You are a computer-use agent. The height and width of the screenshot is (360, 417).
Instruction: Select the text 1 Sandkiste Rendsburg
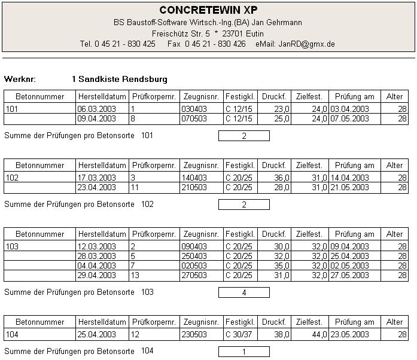[120, 79]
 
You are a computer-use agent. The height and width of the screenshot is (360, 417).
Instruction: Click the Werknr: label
[20, 79]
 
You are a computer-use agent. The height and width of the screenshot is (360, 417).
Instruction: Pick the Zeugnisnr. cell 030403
[193, 109]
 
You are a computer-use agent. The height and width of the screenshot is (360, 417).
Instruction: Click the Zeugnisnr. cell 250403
[193, 257]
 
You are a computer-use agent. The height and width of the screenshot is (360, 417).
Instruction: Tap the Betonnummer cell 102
[12, 178]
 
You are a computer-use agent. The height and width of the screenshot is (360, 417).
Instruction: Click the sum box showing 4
[244, 292]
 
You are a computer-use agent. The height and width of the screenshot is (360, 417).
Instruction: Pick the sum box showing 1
[244, 352]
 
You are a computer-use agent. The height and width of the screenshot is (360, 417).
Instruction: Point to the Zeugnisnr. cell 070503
[193, 119]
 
